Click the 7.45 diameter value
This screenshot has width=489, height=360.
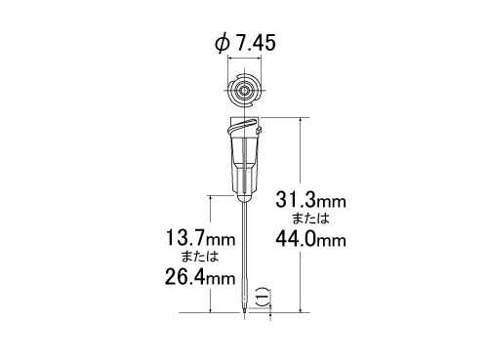click(x=256, y=43)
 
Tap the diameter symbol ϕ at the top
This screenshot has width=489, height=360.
click(x=222, y=43)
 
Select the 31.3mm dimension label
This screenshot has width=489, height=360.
click(x=310, y=200)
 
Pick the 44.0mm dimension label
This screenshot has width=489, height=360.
click(x=310, y=239)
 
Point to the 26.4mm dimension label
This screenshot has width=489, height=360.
click(x=200, y=277)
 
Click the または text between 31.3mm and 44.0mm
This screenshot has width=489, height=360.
click(x=310, y=219)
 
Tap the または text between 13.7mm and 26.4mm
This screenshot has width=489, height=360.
click(x=200, y=257)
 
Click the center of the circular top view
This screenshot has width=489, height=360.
click(x=244, y=90)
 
